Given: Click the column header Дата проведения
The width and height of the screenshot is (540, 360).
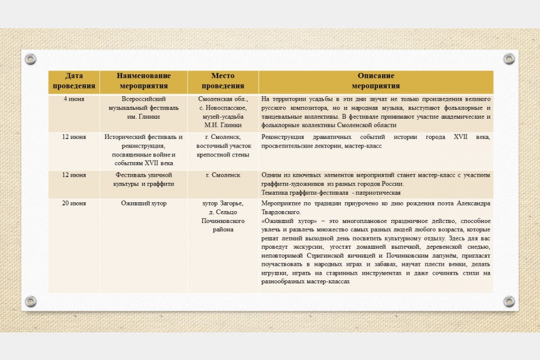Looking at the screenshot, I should (74, 81).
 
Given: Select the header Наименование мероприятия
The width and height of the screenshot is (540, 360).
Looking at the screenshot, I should (143, 81).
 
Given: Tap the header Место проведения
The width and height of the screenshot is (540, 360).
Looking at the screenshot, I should (223, 81).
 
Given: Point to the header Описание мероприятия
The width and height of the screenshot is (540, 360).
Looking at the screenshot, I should (375, 81).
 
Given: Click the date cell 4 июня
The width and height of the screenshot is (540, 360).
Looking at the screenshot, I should (74, 99).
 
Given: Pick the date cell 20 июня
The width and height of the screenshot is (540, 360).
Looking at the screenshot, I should (74, 204).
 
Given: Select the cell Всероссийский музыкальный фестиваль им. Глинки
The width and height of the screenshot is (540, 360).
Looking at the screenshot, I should (143, 108).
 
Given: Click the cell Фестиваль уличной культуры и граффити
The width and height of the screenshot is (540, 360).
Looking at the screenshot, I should (144, 179).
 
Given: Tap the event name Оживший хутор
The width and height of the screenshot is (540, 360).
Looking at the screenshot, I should (144, 204).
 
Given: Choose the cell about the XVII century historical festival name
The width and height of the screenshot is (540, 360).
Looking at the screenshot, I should (144, 150).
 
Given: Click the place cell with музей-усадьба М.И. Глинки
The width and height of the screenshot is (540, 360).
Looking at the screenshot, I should (223, 112).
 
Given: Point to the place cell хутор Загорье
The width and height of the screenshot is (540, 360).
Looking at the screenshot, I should (223, 217).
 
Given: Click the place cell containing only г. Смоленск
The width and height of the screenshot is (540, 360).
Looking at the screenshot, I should (223, 175).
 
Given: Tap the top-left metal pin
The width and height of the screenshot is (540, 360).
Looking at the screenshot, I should (30, 59).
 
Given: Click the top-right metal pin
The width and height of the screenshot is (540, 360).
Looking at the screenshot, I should (509, 59).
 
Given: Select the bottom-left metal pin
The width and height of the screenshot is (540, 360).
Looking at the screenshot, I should (30, 302).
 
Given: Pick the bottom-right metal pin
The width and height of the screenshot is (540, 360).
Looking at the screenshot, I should (509, 302).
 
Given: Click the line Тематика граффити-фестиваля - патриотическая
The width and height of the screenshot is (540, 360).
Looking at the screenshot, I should (331, 193).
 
